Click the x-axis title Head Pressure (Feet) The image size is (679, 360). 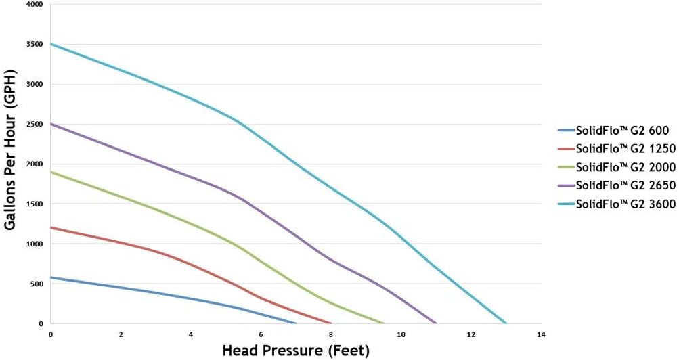[296, 351]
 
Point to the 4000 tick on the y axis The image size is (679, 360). [33, 5]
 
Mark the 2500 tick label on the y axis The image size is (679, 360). [33, 125]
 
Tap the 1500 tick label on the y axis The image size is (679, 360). [33, 204]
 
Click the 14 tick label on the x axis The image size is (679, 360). [541, 334]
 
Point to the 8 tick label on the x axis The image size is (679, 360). [331, 334]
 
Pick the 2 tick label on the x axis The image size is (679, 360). [121, 334]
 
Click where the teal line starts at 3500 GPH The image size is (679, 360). [51, 44]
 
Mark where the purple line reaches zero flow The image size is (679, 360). [436, 323]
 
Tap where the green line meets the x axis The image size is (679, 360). [383, 323]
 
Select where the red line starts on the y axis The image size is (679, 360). [51, 227]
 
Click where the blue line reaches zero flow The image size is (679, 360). [296, 323]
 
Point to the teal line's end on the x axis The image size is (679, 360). [506, 323]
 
